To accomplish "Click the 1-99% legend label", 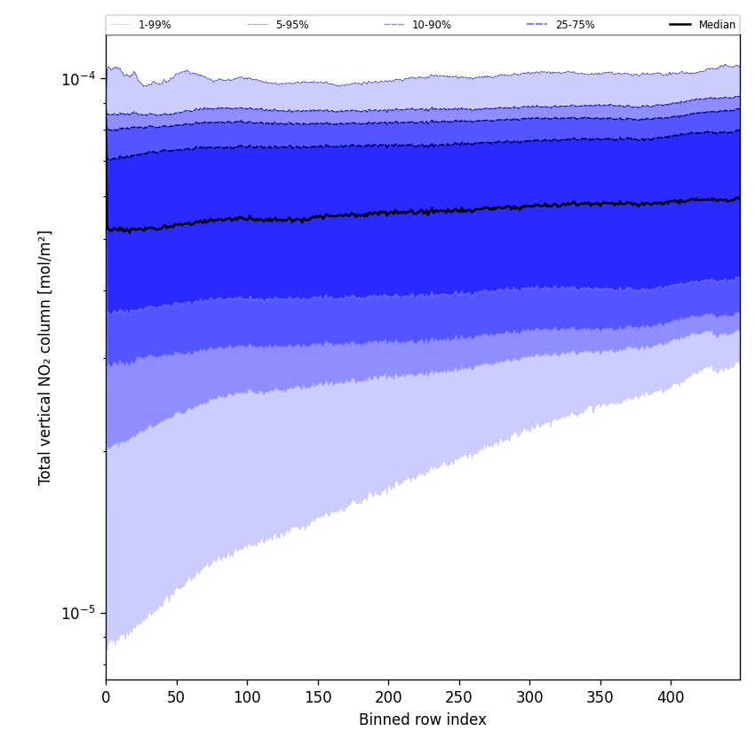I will (x=155, y=25).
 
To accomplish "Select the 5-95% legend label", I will (x=292, y=25).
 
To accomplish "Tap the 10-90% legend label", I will (x=432, y=25).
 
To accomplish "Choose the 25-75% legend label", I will (x=575, y=25).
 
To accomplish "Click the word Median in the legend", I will (x=717, y=25).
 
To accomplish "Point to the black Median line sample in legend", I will (x=681, y=25).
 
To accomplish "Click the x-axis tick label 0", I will (x=106, y=697).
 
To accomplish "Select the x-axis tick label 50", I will (x=176, y=697).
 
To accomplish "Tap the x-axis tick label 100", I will (x=247, y=697).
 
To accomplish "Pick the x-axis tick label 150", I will (x=317, y=697).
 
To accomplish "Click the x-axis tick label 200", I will (x=388, y=697).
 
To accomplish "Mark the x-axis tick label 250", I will (x=458, y=697).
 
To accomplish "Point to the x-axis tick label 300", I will (x=529, y=697).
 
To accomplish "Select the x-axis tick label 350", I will (x=600, y=697).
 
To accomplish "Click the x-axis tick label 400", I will (x=671, y=697).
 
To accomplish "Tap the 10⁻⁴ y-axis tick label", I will (x=78, y=80).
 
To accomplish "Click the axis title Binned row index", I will (x=423, y=720).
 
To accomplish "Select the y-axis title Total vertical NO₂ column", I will (x=45, y=357).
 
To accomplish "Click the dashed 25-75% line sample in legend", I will (x=537, y=25).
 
